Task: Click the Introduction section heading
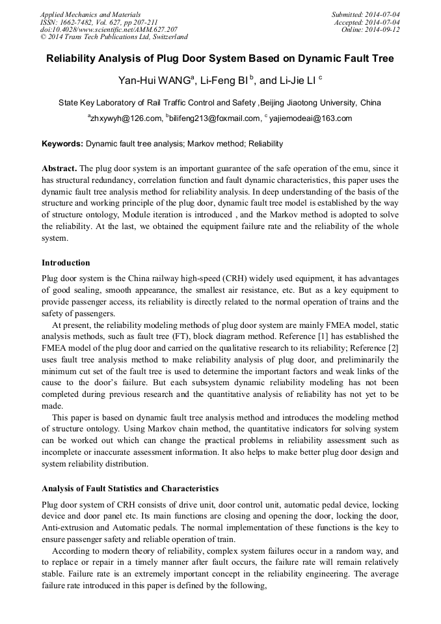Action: pyautogui.click(x=66, y=263)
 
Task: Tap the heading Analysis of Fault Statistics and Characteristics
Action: pyautogui.click(x=130, y=488)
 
